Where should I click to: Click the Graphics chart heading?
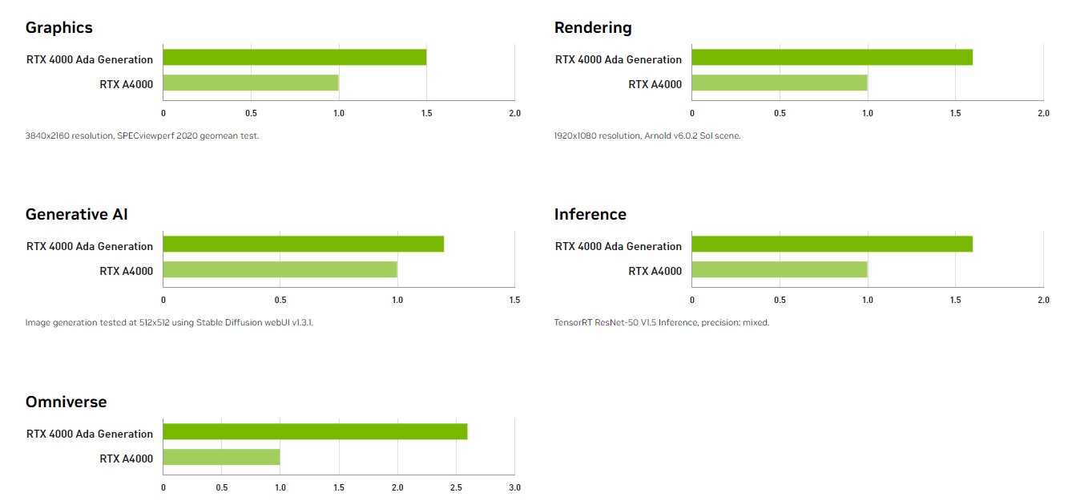(x=59, y=28)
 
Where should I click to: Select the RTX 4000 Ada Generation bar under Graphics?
(x=294, y=58)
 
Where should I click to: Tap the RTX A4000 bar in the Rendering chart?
(x=779, y=83)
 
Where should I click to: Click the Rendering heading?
(x=593, y=28)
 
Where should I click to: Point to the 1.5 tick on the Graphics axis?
(x=426, y=114)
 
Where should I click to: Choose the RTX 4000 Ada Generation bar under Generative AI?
(x=303, y=244)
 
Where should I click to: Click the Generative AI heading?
(x=76, y=215)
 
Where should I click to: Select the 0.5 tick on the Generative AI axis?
(x=280, y=301)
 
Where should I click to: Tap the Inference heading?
(x=590, y=215)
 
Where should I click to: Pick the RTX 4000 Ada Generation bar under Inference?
(x=832, y=244)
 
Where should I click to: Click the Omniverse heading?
(x=66, y=402)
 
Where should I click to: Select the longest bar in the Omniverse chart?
(x=315, y=432)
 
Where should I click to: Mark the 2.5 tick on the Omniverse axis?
(x=456, y=488)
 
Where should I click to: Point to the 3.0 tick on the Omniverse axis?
(x=514, y=488)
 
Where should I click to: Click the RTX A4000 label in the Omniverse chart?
(x=126, y=459)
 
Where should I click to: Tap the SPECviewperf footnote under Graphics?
(x=142, y=135)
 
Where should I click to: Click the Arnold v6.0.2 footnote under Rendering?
(x=647, y=135)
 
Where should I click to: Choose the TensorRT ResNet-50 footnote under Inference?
(x=661, y=322)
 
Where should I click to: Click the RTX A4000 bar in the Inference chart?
(x=779, y=270)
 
